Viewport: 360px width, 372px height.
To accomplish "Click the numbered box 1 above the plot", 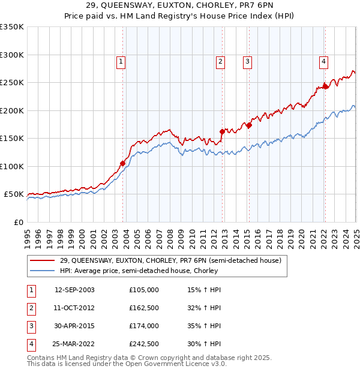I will (x=121, y=61).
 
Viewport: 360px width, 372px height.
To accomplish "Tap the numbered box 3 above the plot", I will (x=247, y=61).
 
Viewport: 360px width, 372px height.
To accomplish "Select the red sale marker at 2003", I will (x=122, y=163).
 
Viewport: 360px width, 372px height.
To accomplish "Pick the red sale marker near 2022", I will (x=326, y=86).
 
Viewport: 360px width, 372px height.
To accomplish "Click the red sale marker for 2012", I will (x=222, y=131).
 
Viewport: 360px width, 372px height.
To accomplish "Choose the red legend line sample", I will (x=42, y=260).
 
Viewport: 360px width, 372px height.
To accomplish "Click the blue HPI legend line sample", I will (x=42, y=271).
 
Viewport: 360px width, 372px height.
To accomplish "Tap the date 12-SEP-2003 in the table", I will (x=74, y=290).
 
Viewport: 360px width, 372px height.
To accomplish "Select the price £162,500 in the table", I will (x=144, y=308).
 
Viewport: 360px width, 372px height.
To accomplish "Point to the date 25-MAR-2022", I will (x=74, y=344).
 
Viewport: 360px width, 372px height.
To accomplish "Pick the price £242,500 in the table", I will (x=144, y=344).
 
